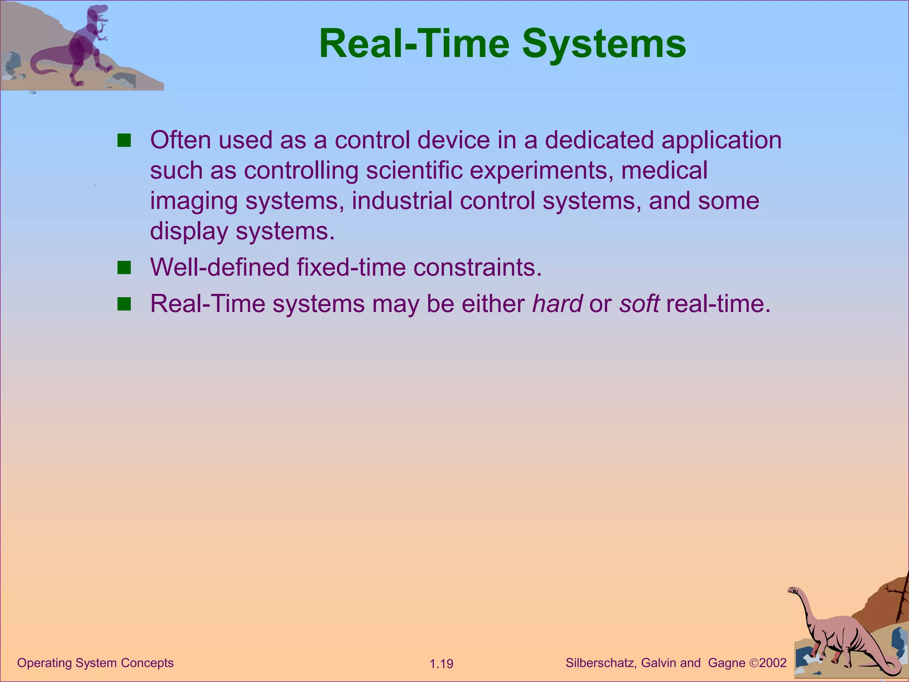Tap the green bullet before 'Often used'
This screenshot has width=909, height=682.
coord(124,141)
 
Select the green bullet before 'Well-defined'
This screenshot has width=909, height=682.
coord(124,268)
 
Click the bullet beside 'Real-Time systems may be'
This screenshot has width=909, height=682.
coord(124,304)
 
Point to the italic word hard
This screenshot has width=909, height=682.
coord(557,304)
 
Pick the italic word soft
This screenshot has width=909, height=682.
coord(639,304)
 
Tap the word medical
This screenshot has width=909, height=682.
coord(664,170)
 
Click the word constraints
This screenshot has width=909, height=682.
coord(478,268)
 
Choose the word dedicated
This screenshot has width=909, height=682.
coord(599,140)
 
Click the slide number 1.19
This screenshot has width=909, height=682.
coord(441,664)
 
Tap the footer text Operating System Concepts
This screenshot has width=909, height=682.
coord(95,663)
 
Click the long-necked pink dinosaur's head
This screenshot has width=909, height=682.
coord(793,590)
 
